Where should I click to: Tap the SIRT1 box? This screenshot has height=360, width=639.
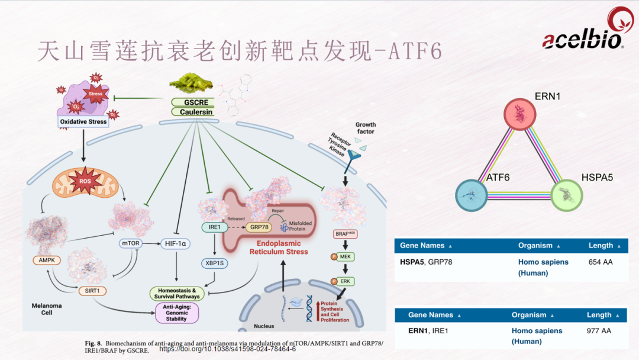pyautogui.click(x=91, y=291)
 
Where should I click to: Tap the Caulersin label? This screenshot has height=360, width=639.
pyautogui.click(x=192, y=111)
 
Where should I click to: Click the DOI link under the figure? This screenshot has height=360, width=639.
pyautogui.click(x=228, y=349)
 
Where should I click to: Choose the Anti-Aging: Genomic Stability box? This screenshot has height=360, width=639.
pyautogui.click(x=176, y=313)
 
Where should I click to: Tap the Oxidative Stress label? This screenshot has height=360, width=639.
pyautogui.click(x=83, y=122)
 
